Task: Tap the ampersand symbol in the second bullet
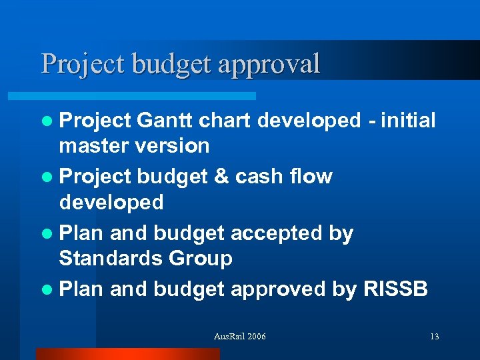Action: [221, 177]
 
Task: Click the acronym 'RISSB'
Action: [396, 289]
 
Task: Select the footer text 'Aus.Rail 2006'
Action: [239, 337]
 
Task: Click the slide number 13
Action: [434, 337]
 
